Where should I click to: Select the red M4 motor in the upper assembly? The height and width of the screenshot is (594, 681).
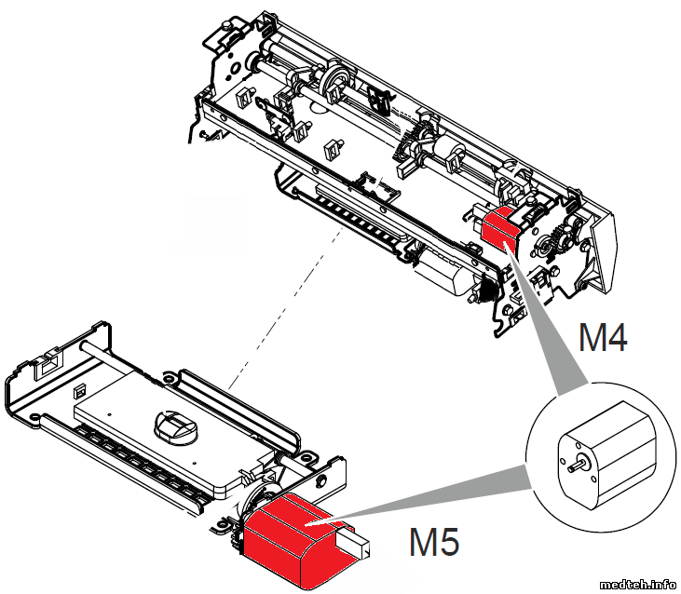pyautogui.click(x=500, y=228)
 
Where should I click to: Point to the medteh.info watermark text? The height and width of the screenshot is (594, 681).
pyautogui.click(x=637, y=584)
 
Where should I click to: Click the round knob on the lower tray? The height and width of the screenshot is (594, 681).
pyautogui.click(x=176, y=430)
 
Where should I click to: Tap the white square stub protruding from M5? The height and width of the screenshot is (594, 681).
pyautogui.click(x=360, y=545)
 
